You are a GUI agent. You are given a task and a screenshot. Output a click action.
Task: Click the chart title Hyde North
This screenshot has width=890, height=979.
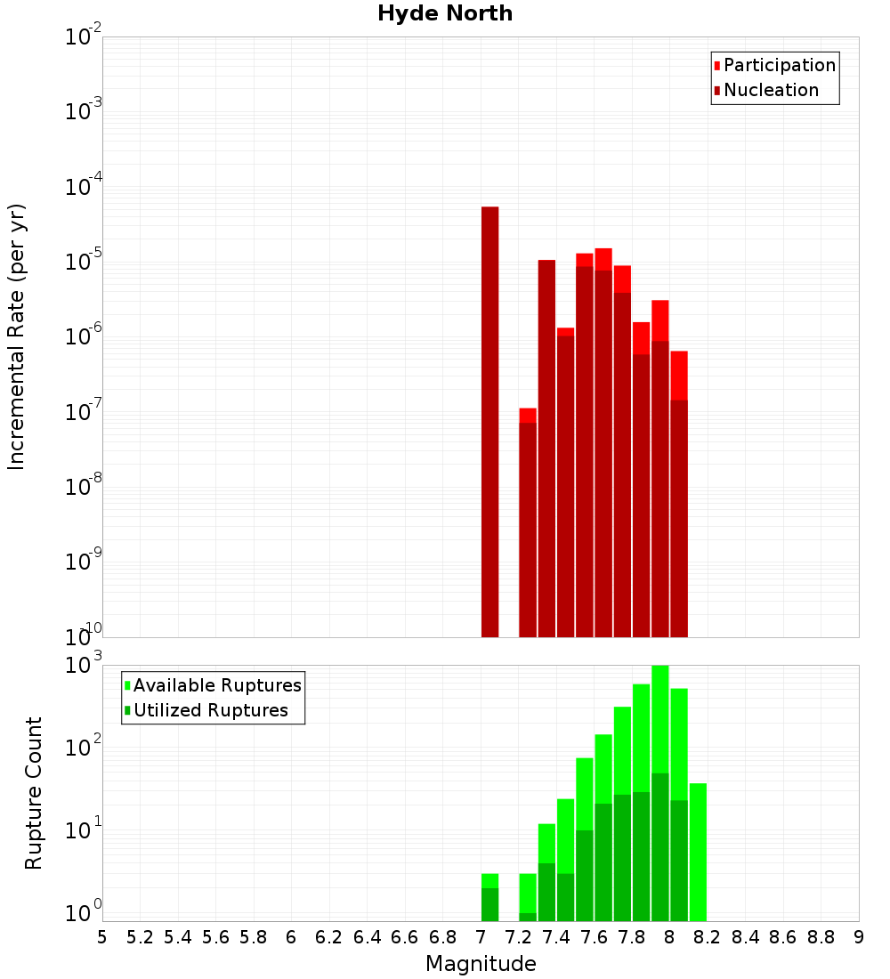(x=445, y=13)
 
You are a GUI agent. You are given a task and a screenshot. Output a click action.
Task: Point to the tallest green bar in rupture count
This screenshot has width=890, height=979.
(x=659, y=792)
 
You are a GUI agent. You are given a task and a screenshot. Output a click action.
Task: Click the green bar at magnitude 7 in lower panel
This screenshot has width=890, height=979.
(x=489, y=899)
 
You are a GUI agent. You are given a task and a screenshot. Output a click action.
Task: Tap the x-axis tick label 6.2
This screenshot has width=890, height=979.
(x=328, y=937)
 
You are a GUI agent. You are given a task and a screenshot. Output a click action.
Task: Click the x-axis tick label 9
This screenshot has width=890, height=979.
(x=859, y=937)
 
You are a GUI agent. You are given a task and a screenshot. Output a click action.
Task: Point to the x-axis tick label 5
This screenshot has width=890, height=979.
(x=102, y=937)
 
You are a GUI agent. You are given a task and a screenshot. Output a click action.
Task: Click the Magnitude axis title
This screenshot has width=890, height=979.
(x=481, y=964)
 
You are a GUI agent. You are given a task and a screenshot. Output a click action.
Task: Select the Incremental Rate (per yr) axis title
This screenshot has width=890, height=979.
(x=16, y=336)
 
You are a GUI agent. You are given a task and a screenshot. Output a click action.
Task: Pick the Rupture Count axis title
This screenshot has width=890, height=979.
(x=34, y=792)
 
